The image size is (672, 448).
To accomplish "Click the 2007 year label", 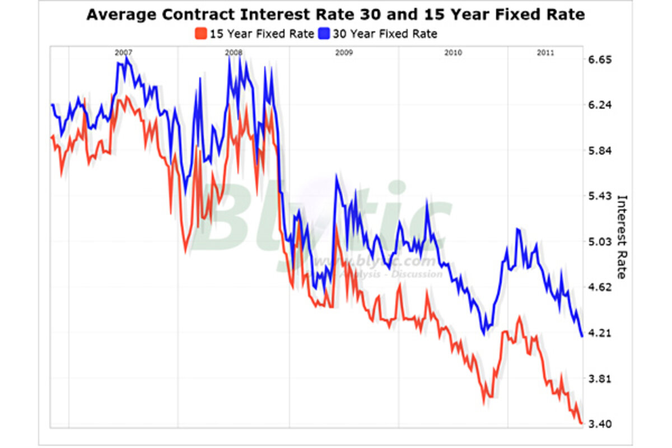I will [123, 53].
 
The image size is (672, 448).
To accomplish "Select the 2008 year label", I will [234, 53].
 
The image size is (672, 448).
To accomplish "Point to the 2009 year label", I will [343, 53].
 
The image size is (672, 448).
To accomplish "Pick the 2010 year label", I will [453, 53].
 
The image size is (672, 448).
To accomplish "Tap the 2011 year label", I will [546, 53].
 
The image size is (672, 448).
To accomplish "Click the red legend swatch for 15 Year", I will [202, 34].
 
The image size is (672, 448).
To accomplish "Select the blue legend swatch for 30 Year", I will [325, 34].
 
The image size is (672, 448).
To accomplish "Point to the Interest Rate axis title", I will [621, 236].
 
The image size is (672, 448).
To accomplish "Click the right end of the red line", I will [582, 423].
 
